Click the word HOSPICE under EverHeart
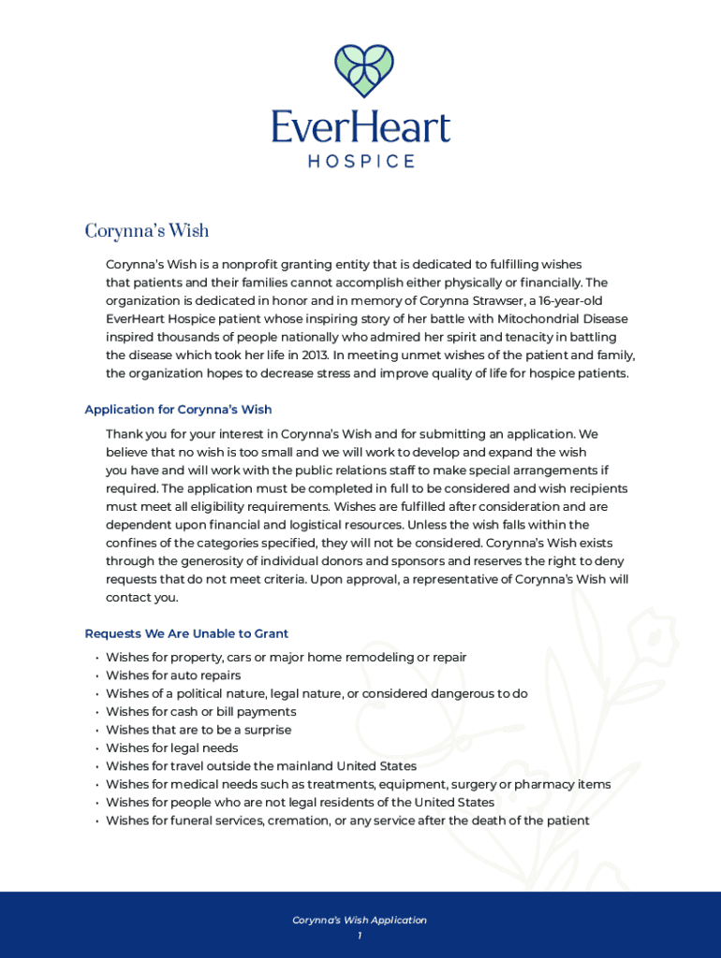tap(360, 162)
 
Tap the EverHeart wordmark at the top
tap(360, 127)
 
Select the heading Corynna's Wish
tap(147, 230)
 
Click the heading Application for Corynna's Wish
tap(178, 410)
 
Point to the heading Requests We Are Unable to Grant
tap(186, 633)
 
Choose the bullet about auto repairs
tap(173, 675)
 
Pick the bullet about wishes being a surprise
tap(199, 730)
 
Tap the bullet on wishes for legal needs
tap(172, 748)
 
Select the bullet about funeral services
tap(347, 820)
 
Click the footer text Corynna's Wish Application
tap(360, 921)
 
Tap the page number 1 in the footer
tap(360, 936)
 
